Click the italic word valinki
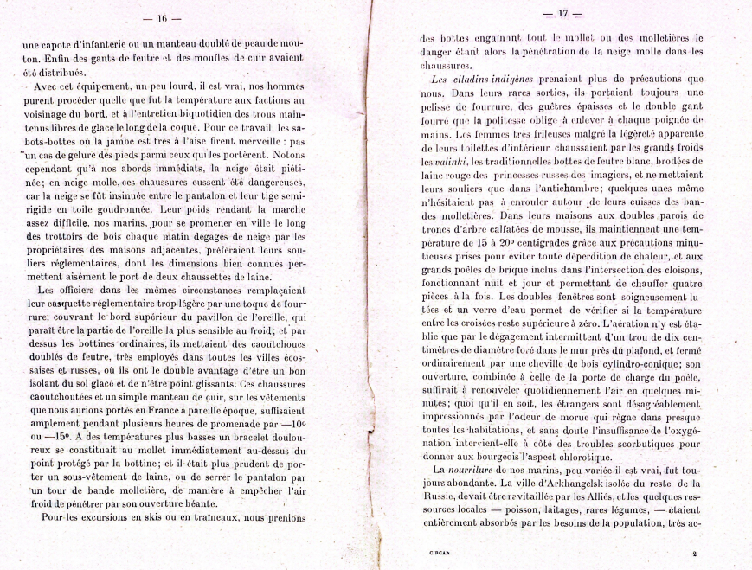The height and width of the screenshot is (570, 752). (x=460, y=163)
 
